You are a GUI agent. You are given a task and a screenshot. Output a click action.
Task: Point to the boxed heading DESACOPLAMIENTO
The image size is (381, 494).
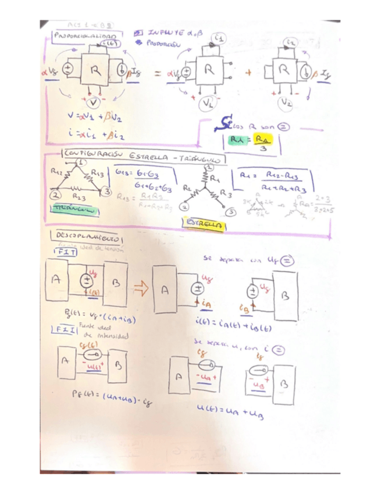87,238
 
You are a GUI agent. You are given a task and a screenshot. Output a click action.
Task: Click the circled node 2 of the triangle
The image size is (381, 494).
56,193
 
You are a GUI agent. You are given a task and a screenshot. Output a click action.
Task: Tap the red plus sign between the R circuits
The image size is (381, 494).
250,74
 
